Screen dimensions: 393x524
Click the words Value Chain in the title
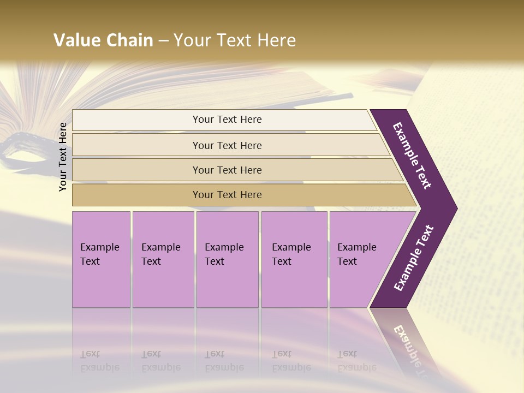coord(103,40)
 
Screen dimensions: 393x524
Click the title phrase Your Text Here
coord(235,40)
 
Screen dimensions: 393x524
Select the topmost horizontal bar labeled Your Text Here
coord(227,120)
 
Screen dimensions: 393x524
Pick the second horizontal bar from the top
coord(227,145)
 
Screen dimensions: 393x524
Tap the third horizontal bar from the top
coord(227,170)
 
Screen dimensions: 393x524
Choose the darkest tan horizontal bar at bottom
coord(227,195)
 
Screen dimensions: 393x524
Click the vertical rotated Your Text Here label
coord(63,157)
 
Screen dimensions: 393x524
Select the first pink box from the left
coord(101,259)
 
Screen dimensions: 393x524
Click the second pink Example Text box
coord(163,259)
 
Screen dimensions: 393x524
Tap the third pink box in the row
coord(227,259)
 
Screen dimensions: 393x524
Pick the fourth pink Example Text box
coord(294,259)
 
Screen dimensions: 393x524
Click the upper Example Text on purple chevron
coord(412,156)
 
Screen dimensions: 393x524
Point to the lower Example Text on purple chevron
coord(414,258)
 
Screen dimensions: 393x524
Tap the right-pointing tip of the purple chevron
coord(454,209)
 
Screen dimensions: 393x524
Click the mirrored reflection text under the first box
coord(99,361)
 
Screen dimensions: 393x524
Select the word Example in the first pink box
coord(99,247)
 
